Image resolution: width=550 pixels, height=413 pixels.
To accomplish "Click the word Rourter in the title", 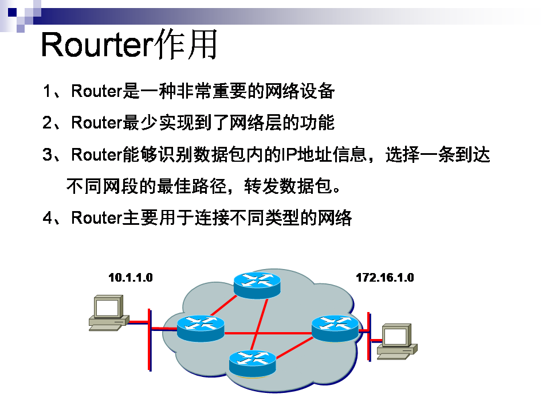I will (95, 45).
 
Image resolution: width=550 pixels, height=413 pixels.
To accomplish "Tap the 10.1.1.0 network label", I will (131, 278).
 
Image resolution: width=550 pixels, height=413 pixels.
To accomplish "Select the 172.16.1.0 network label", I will (384, 278).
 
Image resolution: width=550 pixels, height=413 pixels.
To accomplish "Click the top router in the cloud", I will (257, 285).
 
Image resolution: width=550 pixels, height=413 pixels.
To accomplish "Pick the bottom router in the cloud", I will (252, 362).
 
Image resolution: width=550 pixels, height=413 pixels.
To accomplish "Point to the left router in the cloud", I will (200, 328).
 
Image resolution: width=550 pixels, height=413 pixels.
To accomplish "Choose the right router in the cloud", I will (335, 328).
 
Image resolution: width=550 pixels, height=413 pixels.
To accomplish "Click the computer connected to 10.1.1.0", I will (108, 313).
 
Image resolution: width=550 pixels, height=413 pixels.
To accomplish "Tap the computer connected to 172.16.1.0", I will (397, 341).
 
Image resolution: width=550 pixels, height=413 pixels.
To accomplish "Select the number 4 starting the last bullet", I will (48, 218).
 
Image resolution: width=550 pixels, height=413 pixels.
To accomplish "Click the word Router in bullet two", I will (97, 123).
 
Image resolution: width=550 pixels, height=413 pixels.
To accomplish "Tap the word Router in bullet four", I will (97, 218).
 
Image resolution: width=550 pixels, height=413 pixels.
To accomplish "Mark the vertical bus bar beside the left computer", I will (150, 339).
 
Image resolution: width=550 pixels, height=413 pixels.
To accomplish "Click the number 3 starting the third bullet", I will (48, 155).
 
